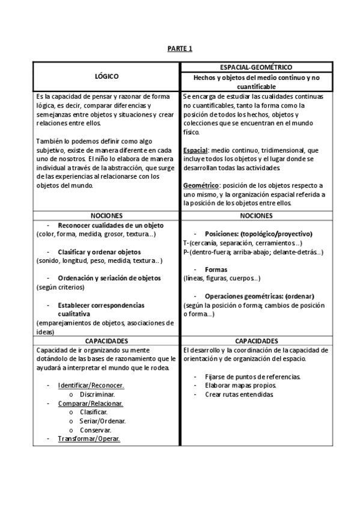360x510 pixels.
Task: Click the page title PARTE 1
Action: click(x=180, y=49)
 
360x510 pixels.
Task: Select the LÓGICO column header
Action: click(x=106, y=76)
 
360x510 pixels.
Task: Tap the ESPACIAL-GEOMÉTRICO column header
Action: click(x=256, y=68)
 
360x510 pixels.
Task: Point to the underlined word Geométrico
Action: click(x=201, y=185)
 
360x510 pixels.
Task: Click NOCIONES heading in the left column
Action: click(x=106, y=215)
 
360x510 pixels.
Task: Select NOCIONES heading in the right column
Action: click(x=256, y=215)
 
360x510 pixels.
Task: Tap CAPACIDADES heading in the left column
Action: click(x=106, y=340)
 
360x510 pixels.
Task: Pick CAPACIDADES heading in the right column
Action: click(x=256, y=340)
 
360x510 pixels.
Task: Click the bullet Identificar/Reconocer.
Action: click(x=91, y=386)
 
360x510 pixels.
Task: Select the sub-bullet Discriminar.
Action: click(x=97, y=395)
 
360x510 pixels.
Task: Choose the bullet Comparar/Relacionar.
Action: click(x=90, y=404)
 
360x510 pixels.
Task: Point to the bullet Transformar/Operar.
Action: click(x=89, y=439)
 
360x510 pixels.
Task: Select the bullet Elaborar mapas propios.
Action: click(x=237, y=386)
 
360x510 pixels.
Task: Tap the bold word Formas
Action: click(x=216, y=269)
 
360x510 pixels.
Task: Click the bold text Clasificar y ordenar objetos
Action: click(x=99, y=251)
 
